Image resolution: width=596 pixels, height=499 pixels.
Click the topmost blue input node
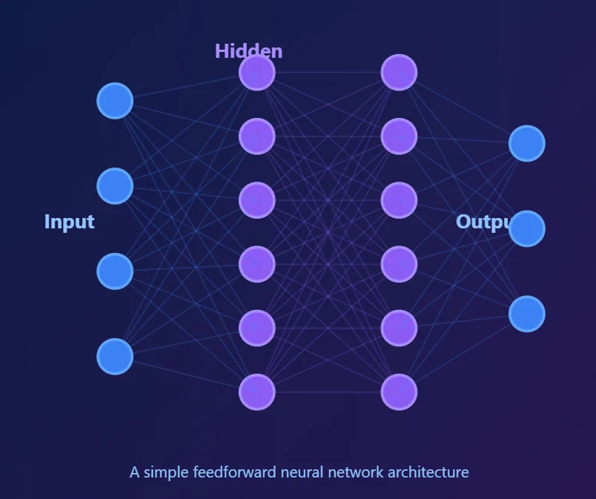(x=115, y=101)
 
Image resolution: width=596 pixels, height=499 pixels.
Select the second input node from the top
(x=115, y=186)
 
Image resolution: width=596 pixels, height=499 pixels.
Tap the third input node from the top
(x=115, y=271)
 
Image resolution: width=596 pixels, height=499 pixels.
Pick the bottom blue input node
(x=115, y=357)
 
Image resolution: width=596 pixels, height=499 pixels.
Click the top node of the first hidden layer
(x=257, y=73)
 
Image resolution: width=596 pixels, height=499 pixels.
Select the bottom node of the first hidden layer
(x=257, y=391)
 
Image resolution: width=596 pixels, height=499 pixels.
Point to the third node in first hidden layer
(x=257, y=200)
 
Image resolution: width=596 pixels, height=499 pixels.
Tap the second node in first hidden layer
(x=257, y=136)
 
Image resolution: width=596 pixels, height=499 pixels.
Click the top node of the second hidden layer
(x=399, y=73)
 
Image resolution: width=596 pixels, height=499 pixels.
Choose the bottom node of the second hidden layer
(x=399, y=391)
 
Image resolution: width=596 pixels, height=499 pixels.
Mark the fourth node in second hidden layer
(x=399, y=264)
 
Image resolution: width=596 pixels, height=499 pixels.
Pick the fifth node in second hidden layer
(x=399, y=328)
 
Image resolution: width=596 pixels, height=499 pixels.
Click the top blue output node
(x=527, y=143)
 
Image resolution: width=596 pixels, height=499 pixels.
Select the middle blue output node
(x=527, y=228)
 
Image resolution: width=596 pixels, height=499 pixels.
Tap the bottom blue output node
(x=527, y=314)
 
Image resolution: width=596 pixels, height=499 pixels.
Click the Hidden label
(x=248, y=50)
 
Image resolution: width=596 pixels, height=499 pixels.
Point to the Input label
(x=69, y=222)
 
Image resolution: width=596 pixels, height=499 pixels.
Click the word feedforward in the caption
(x=235, y=472)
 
